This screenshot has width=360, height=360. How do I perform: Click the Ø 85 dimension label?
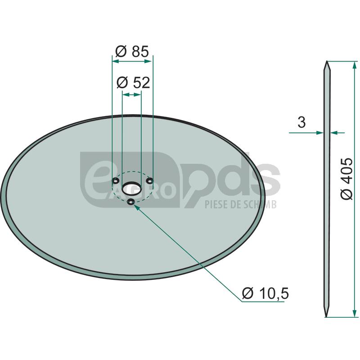click(x=132, y=51)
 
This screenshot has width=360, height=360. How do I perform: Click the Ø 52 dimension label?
click(x=132, y=82)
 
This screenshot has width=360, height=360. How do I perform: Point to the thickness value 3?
click(x=301, y=122)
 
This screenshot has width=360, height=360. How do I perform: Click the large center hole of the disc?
click(x=132, y=187)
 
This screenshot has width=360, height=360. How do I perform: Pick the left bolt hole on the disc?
click(x=116, y=181)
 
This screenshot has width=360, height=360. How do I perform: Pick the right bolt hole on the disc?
click(x=149, y=181)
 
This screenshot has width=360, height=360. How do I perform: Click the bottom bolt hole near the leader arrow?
click(x=131, y=202)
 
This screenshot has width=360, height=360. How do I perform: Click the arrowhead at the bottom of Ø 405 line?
click(x=355, y=313)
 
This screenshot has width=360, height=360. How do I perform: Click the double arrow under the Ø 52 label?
click(x=132, y=94)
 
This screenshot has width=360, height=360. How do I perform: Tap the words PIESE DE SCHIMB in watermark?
click(x=240, y=205)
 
